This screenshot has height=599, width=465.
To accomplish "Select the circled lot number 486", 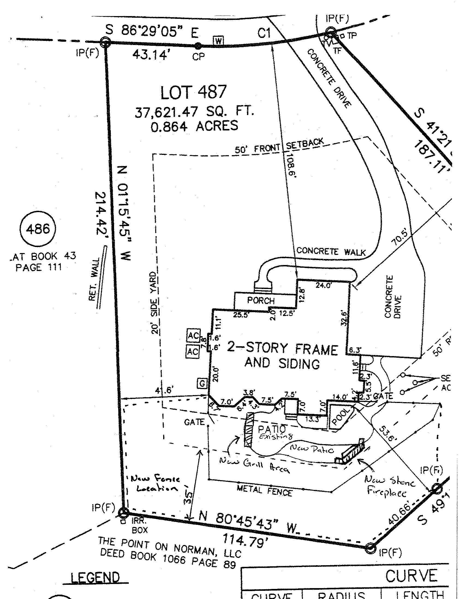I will coord(38,228).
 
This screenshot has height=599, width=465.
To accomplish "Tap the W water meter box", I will coord(219,41).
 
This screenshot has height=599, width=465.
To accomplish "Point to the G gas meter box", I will coord(202,383).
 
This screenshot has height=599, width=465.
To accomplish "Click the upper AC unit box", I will coord(193,336).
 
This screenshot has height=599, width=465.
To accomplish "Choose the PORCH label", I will coord(261,301).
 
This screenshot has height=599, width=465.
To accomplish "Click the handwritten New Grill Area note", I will coord(254,466).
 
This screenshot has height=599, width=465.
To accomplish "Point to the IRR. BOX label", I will coord(139,526).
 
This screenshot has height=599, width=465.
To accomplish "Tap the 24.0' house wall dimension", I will coord(323,285).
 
